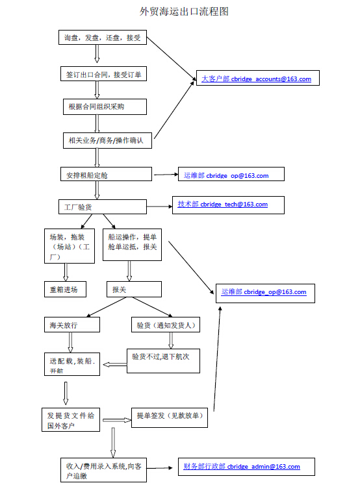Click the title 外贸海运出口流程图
click(184, 12)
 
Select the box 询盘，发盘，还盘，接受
click(103, 37)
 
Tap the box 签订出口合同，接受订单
click(103, 74)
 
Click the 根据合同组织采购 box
click(105, 106)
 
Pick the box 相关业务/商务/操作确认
click(107, 140)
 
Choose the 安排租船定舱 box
click(106, 174)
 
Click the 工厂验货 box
click(103, 206)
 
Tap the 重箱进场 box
click(65, 289)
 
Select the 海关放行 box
click(72, 325)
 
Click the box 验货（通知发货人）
click(166, 325)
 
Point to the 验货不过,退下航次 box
click(163, 361)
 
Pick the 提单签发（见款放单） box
click(170, 417)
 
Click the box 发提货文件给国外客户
click(71, 420)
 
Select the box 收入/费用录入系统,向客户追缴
click(103, 470)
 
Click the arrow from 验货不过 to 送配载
click(114, 365)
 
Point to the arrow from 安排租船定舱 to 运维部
click(166, 174)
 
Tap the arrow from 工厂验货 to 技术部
click(160, 206)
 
